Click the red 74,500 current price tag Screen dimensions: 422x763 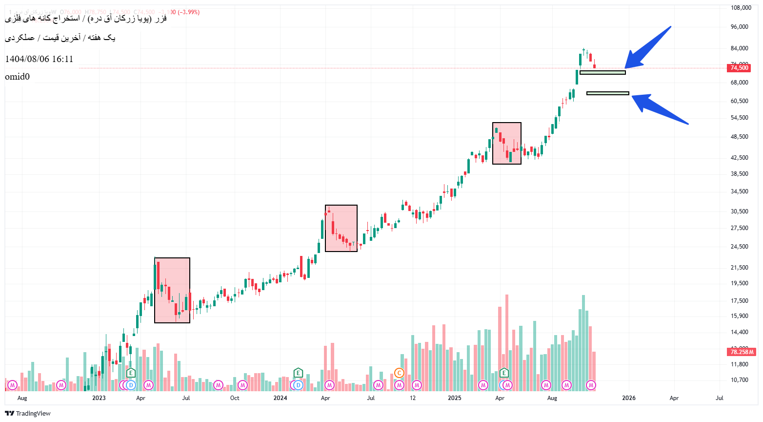pos(739,68)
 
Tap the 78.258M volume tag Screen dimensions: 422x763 pos(742,352)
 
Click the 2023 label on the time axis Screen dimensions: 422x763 pos(99,398)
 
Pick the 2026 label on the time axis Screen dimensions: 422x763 pos(628,398)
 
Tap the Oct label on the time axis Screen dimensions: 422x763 pos(235,398)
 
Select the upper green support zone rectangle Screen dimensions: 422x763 pos(602,73)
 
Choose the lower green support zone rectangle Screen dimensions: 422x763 pos(607,93)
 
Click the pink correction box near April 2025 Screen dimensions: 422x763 pos(507,143)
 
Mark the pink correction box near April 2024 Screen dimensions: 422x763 pos(341,228)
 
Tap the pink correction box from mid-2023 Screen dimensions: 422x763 pos(172,290)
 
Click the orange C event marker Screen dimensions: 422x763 pos(399,374)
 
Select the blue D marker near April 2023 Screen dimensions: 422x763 pos(130,385)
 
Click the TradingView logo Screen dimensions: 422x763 pos(28,414)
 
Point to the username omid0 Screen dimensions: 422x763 pos(18,77)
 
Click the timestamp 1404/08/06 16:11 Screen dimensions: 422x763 pos(39,59)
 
